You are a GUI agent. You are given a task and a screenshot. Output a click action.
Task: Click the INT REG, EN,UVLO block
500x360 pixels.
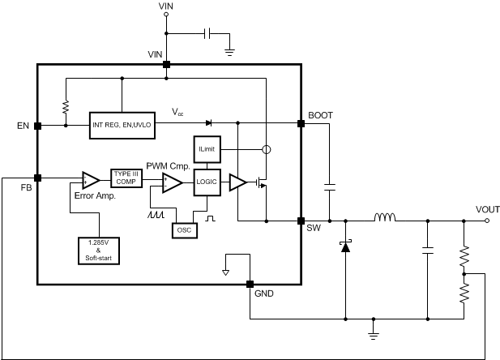pyautogui.click(x=121, y=126)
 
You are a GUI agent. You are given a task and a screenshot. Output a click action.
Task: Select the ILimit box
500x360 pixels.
pyautogui.click(x=205, y=149)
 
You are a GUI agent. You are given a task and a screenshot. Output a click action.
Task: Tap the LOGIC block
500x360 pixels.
pyautogui.click(x=206, y=183)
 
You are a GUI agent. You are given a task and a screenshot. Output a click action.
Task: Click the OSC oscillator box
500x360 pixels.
pyautogui.click(x=185, y=229)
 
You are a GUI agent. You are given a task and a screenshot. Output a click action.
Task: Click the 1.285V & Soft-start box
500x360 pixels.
pyautogui.click(x=99, y=249)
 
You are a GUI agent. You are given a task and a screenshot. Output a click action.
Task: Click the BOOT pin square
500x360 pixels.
pyautogui.click(x=301, y=123)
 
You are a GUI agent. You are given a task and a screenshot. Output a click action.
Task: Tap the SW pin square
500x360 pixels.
pyautogui.click(x=301, y=220)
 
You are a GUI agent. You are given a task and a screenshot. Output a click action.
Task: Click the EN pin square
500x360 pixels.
pyautogui.click(x=37, y=126)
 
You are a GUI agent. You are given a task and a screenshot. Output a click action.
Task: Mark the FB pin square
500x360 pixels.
pyautogui.click(x=37, y=178)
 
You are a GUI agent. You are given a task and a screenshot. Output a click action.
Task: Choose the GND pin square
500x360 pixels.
pyautogui.click(x=249, y=285)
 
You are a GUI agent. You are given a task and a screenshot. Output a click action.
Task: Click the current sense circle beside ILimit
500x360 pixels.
pyautogui.click(x=264, y=150)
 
